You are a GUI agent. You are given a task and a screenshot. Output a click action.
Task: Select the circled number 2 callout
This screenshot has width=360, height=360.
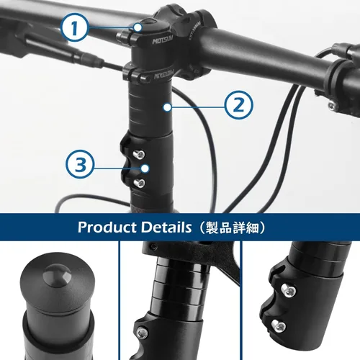click(x=239, y=105)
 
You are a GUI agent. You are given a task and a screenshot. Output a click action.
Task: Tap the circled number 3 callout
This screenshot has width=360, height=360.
click(x=81, y=164)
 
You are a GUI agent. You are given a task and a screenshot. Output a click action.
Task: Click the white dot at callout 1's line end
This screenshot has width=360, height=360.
click(x=137, y=28)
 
